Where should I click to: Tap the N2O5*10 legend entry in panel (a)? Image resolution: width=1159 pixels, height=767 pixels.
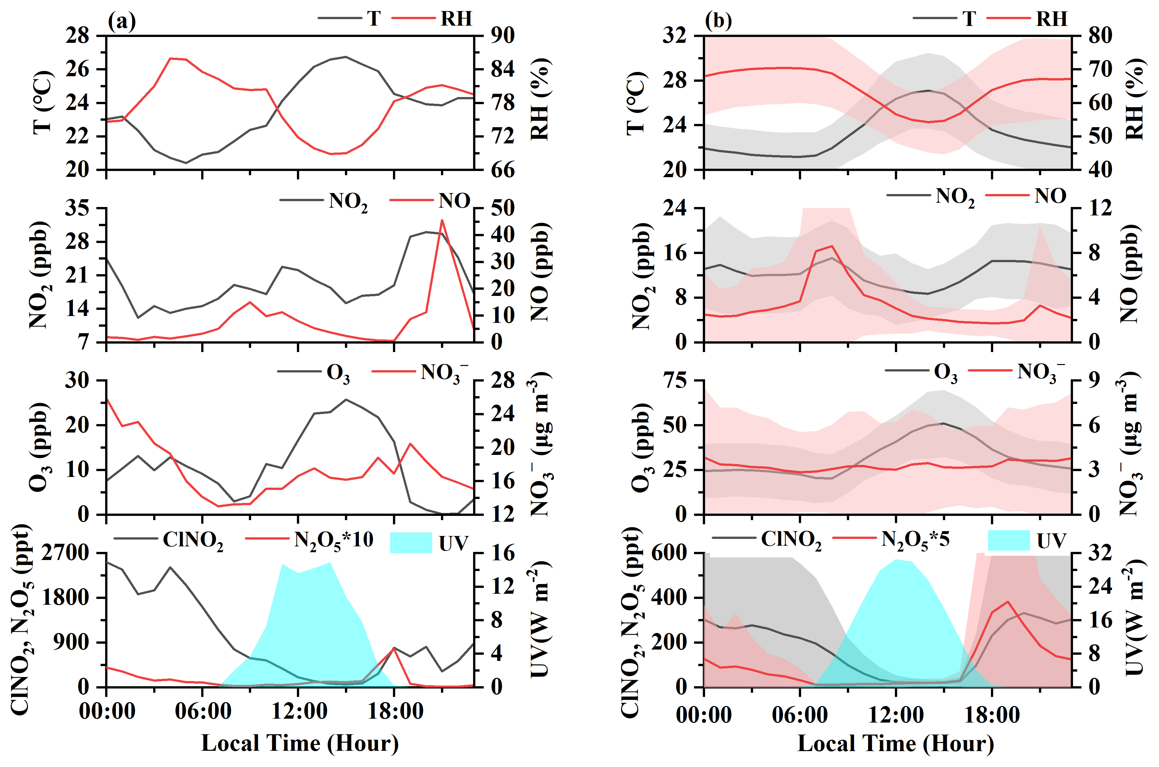[x=334, y=540]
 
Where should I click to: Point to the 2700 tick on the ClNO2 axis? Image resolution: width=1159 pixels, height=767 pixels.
[x=66, y=553]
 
